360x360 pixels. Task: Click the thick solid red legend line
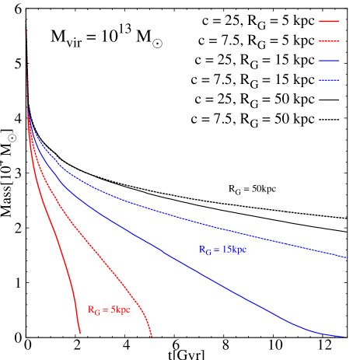point(329,22)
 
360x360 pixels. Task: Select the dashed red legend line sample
point(329,41)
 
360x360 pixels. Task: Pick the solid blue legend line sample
point(329,61)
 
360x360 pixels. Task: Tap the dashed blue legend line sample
point(329,80)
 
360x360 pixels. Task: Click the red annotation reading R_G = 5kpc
point(109,310)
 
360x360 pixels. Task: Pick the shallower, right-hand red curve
point(101,257)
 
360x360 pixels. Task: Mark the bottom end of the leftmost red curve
point(80,334)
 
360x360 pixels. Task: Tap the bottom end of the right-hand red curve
point(151,336)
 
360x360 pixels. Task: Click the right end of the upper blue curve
point(345,257)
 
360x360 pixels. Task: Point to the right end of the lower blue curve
point(344,337)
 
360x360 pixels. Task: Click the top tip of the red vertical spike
point(26,28)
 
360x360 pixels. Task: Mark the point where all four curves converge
point(28,113)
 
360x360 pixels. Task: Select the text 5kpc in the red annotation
point(120,310)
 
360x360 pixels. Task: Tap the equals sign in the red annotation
point(105,310)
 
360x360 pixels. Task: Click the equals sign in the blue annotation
point(217,250)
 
